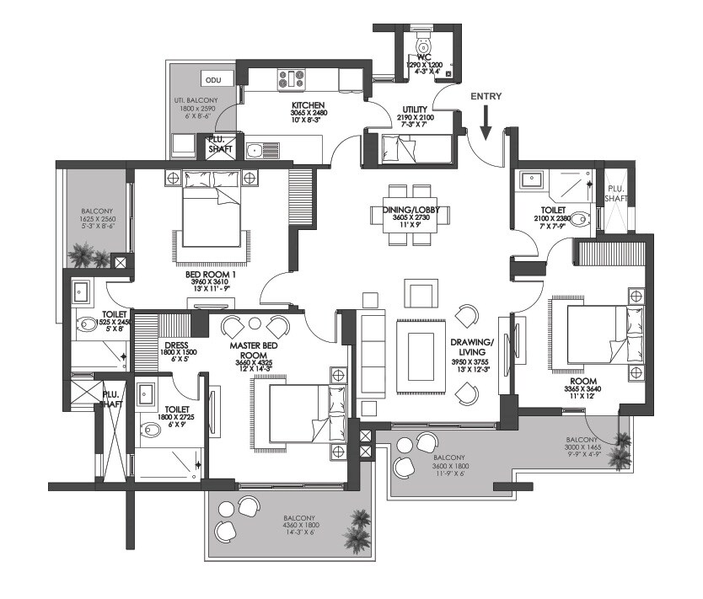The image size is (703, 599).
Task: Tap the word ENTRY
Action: click(486, 96)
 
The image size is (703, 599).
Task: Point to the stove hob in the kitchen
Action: click(291, 80)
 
